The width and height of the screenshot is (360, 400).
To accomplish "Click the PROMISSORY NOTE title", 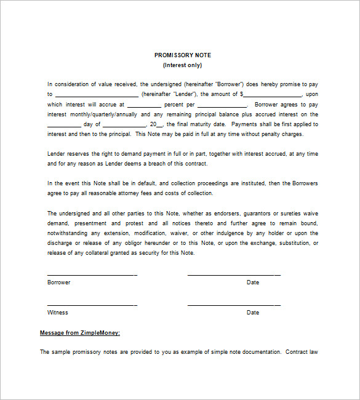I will click(182, 55).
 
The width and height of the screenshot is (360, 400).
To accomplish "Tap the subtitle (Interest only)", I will click(182, 65).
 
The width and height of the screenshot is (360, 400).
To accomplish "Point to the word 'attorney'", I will click(137, 193).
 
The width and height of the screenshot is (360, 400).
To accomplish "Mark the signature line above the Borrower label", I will click(92, 274).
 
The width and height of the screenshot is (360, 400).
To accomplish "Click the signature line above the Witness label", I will click(92, 305).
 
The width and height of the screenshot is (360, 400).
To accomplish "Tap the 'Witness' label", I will click(58, 313).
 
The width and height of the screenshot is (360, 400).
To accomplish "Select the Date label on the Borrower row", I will click(253, 282).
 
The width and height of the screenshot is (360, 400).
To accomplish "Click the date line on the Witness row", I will click(234, 305).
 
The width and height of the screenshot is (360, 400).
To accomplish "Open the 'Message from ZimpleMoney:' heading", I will click(80, 333).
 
